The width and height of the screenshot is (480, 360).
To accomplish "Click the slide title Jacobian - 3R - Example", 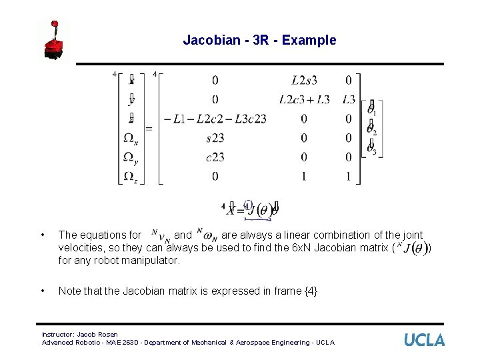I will pos(259,41).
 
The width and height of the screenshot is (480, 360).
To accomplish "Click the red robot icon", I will pos(55,41).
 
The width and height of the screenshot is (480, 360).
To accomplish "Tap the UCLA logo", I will pos(424,340).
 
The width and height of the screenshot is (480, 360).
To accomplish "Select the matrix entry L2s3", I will pos(304,81).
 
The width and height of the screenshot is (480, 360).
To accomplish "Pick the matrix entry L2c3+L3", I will pos(304,100).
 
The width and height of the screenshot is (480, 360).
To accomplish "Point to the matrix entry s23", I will pos(215,138).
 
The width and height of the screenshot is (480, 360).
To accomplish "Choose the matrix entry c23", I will pos(215,157).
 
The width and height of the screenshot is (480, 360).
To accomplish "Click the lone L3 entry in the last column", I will pos(349,100).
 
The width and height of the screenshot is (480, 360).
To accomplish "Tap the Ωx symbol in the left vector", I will pos(131,139).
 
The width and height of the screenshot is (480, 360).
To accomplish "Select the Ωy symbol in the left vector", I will pos(131,158).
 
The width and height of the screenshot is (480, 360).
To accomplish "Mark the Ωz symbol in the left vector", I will pos(131,177).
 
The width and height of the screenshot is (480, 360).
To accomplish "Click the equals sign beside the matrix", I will pos(149,128).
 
